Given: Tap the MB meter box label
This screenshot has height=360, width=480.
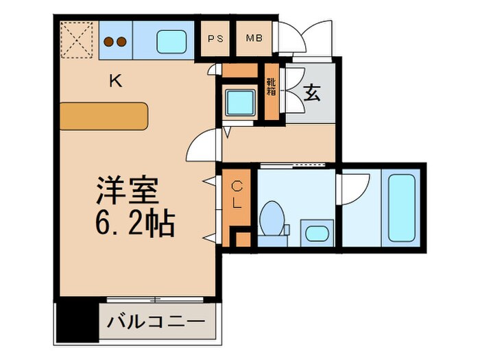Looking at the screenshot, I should coord(254,38).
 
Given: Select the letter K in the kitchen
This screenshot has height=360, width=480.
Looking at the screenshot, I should coord(117,82).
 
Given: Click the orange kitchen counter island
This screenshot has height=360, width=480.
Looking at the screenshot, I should coord(104,116).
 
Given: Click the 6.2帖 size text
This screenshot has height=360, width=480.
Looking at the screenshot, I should coord(134,221).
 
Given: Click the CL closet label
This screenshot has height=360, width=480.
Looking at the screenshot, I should coord(236,194).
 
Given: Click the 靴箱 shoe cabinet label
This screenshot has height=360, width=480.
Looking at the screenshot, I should coord(271,87).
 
